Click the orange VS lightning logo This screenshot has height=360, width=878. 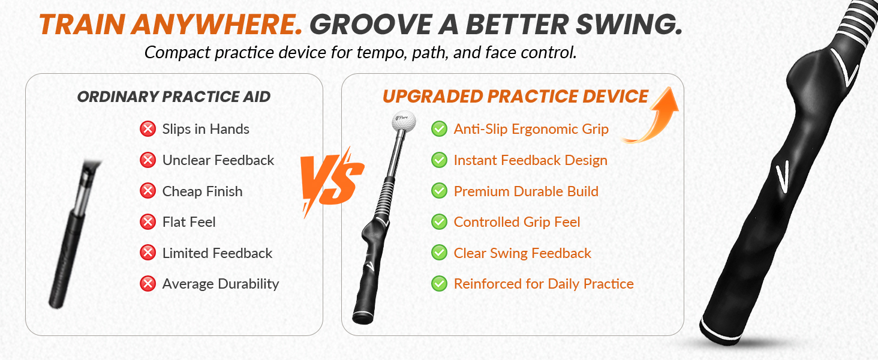pos(332,182)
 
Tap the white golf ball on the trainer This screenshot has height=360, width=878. pos(404,122)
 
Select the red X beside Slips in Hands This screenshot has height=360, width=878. pos(148,129)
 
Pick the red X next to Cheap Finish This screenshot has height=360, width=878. pos(148,191)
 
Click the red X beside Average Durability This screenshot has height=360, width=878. pos(148,284)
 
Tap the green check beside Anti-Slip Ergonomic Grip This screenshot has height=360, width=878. pos(439,129)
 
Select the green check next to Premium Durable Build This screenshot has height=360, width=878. pos(439,191)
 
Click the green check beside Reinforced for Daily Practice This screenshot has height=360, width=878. pos(439,284)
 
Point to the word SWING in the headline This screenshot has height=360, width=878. pos(629,25)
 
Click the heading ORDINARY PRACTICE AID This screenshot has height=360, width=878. pos(174,97)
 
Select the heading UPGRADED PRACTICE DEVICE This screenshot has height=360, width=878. pos(515,97)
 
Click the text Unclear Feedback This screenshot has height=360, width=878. pos(218,160)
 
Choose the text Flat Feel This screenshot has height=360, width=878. pos(189,222)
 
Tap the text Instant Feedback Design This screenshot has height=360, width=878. pos(530,160)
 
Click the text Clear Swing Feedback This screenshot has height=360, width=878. pos(522,253)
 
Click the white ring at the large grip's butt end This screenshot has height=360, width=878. pos(721,332)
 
